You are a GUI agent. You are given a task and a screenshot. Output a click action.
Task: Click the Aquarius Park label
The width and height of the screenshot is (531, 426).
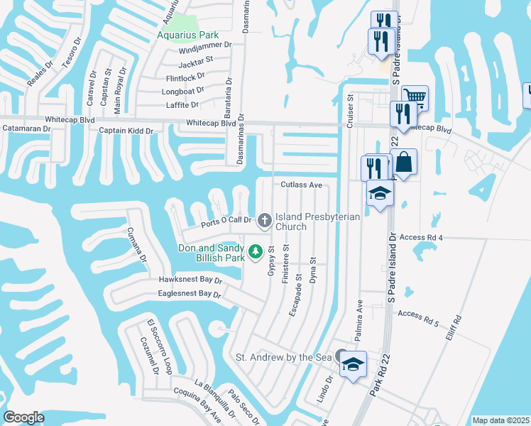(187, 35)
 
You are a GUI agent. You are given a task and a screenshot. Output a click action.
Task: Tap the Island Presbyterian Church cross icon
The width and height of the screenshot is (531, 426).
(264, 221)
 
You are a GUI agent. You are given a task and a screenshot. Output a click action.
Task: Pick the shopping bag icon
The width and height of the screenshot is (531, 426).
(403, 162)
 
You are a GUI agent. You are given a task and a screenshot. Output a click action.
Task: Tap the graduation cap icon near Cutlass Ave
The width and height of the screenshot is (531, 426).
(380, 193)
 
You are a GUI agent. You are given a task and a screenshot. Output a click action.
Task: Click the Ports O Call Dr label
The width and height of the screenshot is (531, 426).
(226, 221)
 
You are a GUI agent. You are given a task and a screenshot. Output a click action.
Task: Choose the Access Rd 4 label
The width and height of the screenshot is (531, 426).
(422, 237)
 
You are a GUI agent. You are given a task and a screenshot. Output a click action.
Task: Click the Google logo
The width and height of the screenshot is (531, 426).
(23, 417)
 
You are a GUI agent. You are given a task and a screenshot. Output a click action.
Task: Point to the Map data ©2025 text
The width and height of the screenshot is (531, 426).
(500, 420)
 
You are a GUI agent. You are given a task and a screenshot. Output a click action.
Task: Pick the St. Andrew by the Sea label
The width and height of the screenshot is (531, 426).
(284, 357)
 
